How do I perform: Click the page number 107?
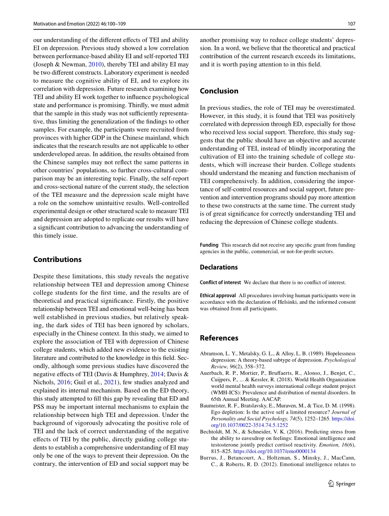(351, 24)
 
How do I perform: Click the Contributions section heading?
(57, 259)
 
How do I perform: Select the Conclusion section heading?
(219, 91)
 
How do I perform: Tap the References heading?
(219, 338)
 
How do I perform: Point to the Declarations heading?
(219, 267)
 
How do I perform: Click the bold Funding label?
(209, 245)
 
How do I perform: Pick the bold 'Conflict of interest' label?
(220, 282)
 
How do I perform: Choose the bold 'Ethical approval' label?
(218, 295)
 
